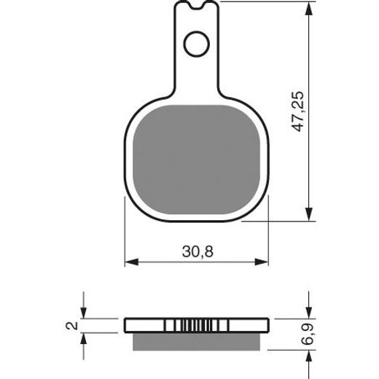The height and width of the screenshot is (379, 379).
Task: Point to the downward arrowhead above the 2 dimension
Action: click(x=85, y=314)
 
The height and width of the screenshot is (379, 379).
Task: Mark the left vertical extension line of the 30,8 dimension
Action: click(x=125, y=241)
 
